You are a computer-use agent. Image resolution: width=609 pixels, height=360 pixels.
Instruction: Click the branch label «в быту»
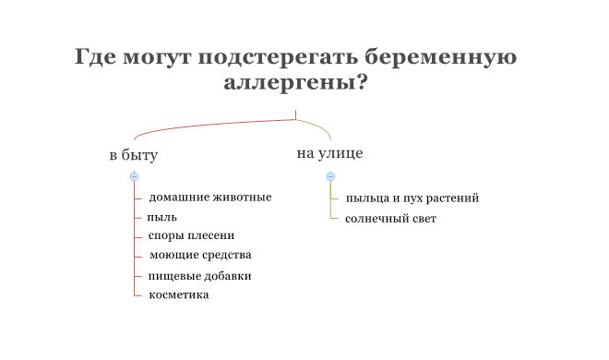click(133, 155)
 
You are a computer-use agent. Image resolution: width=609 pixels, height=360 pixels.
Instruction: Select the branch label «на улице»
click(329, 153)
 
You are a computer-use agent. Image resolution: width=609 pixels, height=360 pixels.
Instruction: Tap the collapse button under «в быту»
click(134, 175)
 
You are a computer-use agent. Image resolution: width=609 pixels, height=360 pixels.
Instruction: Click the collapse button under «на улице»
click(330, 175)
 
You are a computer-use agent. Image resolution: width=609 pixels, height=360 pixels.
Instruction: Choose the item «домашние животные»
click(210, 198)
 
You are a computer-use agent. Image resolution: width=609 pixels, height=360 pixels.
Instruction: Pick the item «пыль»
click(162, 218)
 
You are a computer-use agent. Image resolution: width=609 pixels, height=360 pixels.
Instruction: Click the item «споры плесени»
click(192, 236)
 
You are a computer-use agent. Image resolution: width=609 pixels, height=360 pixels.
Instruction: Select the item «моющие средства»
click(200, 255)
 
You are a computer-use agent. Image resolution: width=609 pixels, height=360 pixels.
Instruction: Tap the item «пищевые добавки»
click(200, 276)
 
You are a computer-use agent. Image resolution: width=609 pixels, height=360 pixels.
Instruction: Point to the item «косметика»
click(179, 294)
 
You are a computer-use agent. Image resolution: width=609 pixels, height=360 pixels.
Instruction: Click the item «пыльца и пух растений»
click(412, 198)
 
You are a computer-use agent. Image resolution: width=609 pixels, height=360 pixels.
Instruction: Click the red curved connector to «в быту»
click(203, 126)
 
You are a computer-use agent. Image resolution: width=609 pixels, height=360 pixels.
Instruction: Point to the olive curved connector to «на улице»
click(319, 126)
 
